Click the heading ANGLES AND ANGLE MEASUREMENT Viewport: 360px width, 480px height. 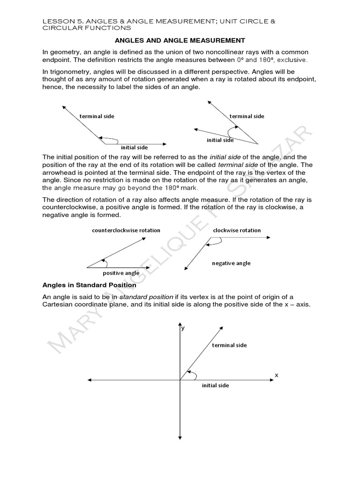180,41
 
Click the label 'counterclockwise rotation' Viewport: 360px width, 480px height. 126,230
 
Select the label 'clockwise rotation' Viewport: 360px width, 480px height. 237,230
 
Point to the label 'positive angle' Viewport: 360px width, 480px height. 121,273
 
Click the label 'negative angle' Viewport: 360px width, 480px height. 231,263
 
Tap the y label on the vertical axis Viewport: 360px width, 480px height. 183,329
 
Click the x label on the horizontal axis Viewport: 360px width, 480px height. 276,375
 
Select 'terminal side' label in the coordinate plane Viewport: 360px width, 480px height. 229,345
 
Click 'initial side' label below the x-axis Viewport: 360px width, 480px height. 215,385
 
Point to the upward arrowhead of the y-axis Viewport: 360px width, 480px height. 180,324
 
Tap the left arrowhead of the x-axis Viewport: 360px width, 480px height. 88,380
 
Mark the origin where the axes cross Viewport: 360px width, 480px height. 180,380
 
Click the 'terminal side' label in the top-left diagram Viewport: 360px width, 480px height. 97,116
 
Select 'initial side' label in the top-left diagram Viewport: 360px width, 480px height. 135,148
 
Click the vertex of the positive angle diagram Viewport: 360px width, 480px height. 87,267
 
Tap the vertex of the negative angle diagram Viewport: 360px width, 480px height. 210,238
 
